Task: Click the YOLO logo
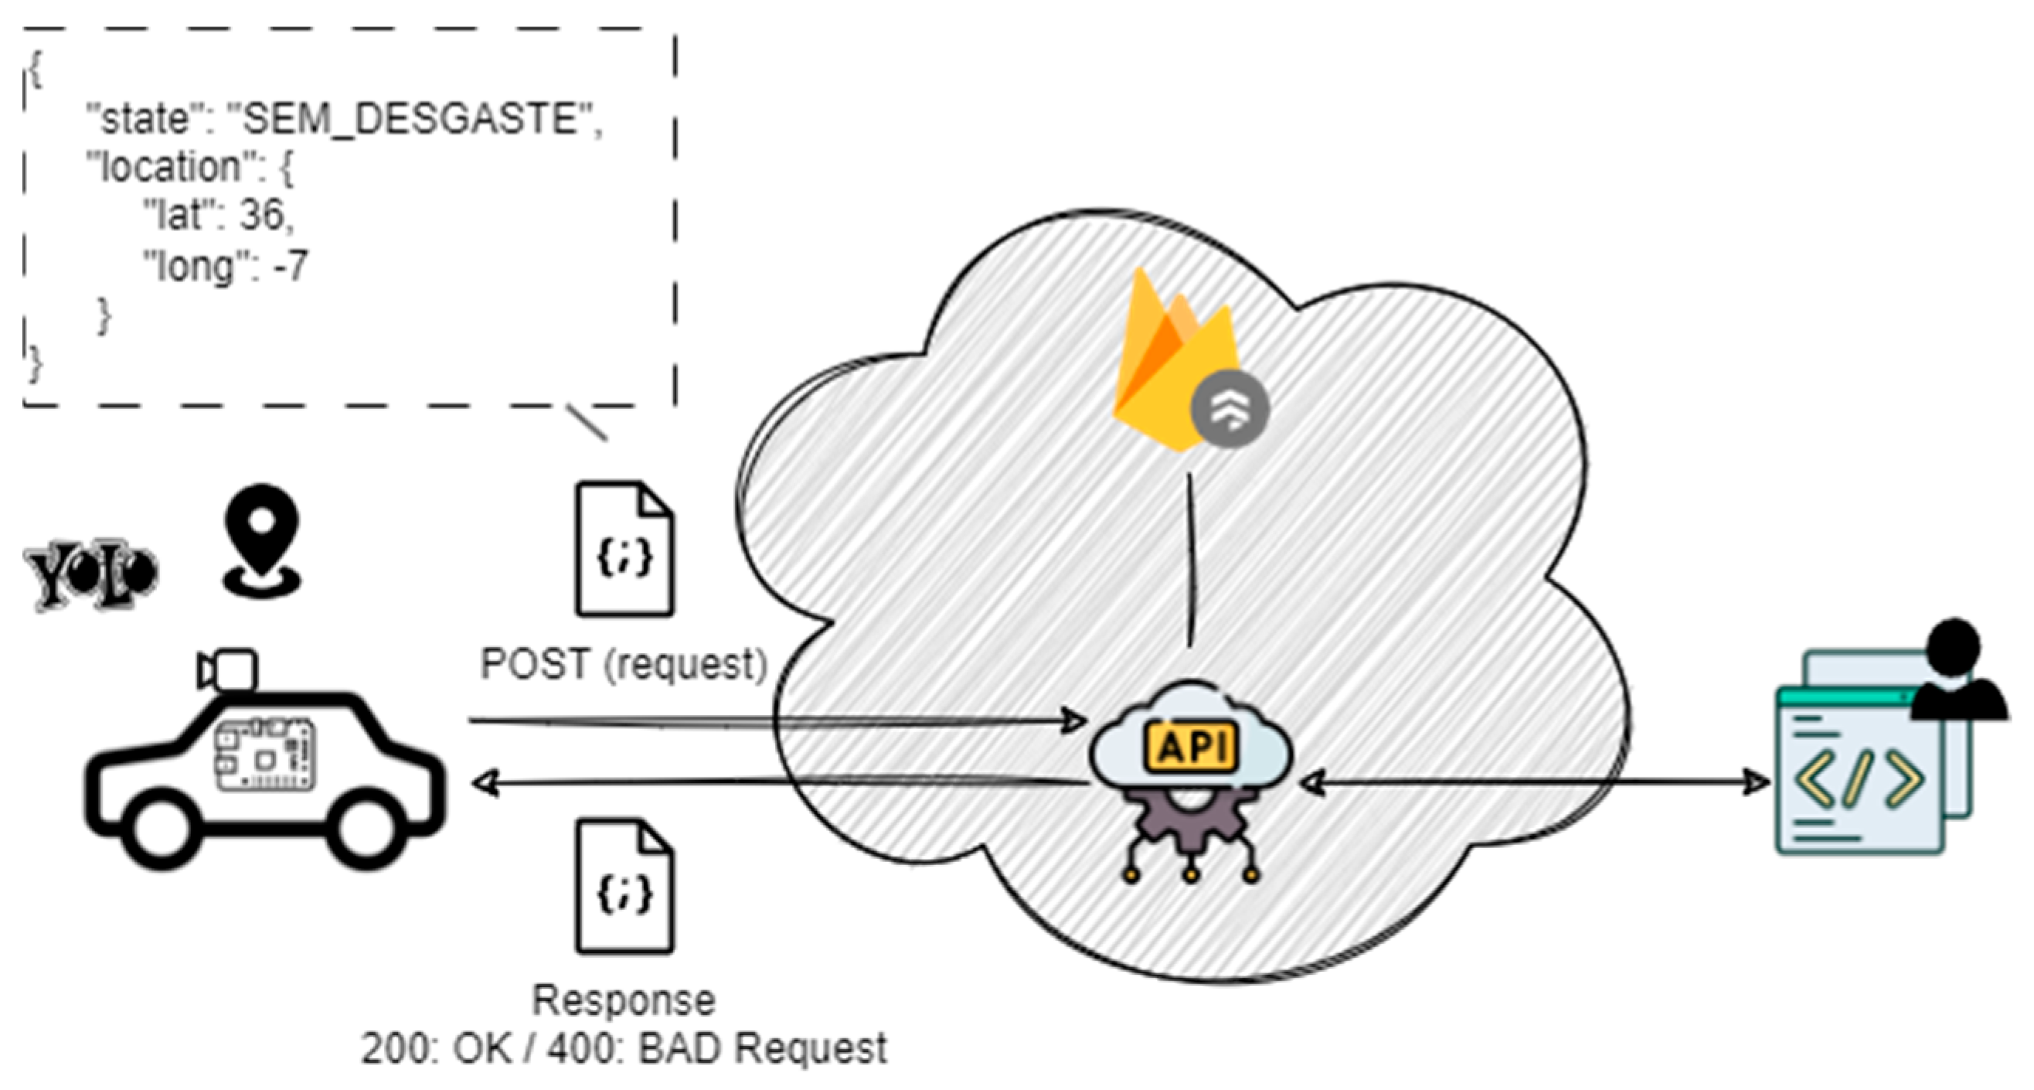tap(91, 574)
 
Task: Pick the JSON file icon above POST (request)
tap(624, 550)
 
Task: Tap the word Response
tap(624, 1000)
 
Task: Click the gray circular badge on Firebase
tap(1229, 408)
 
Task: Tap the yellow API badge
tap(1191, 747)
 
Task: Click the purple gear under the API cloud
tap(1191, 826)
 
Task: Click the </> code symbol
tap(1859, 780)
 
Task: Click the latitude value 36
tap(261, 215)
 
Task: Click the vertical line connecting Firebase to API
tap(1191, 560)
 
